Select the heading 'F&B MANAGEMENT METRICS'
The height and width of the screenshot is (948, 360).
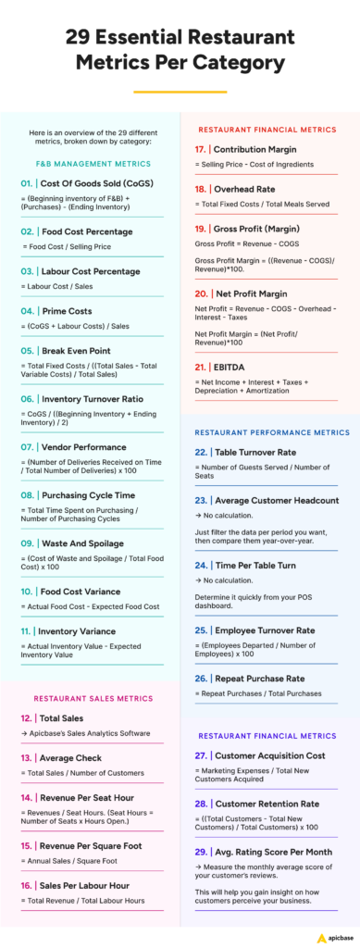pos(86,163)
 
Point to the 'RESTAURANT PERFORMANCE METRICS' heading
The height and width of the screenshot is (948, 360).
pos(272,431)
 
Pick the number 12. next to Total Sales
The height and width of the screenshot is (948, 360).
pos(26,717)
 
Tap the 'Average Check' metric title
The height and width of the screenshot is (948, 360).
pos(78,756)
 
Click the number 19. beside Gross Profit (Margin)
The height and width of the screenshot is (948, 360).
pos(200,227)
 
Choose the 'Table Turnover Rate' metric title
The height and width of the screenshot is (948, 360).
pos(261,453)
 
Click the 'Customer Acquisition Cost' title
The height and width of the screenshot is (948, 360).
pos(278,756)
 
